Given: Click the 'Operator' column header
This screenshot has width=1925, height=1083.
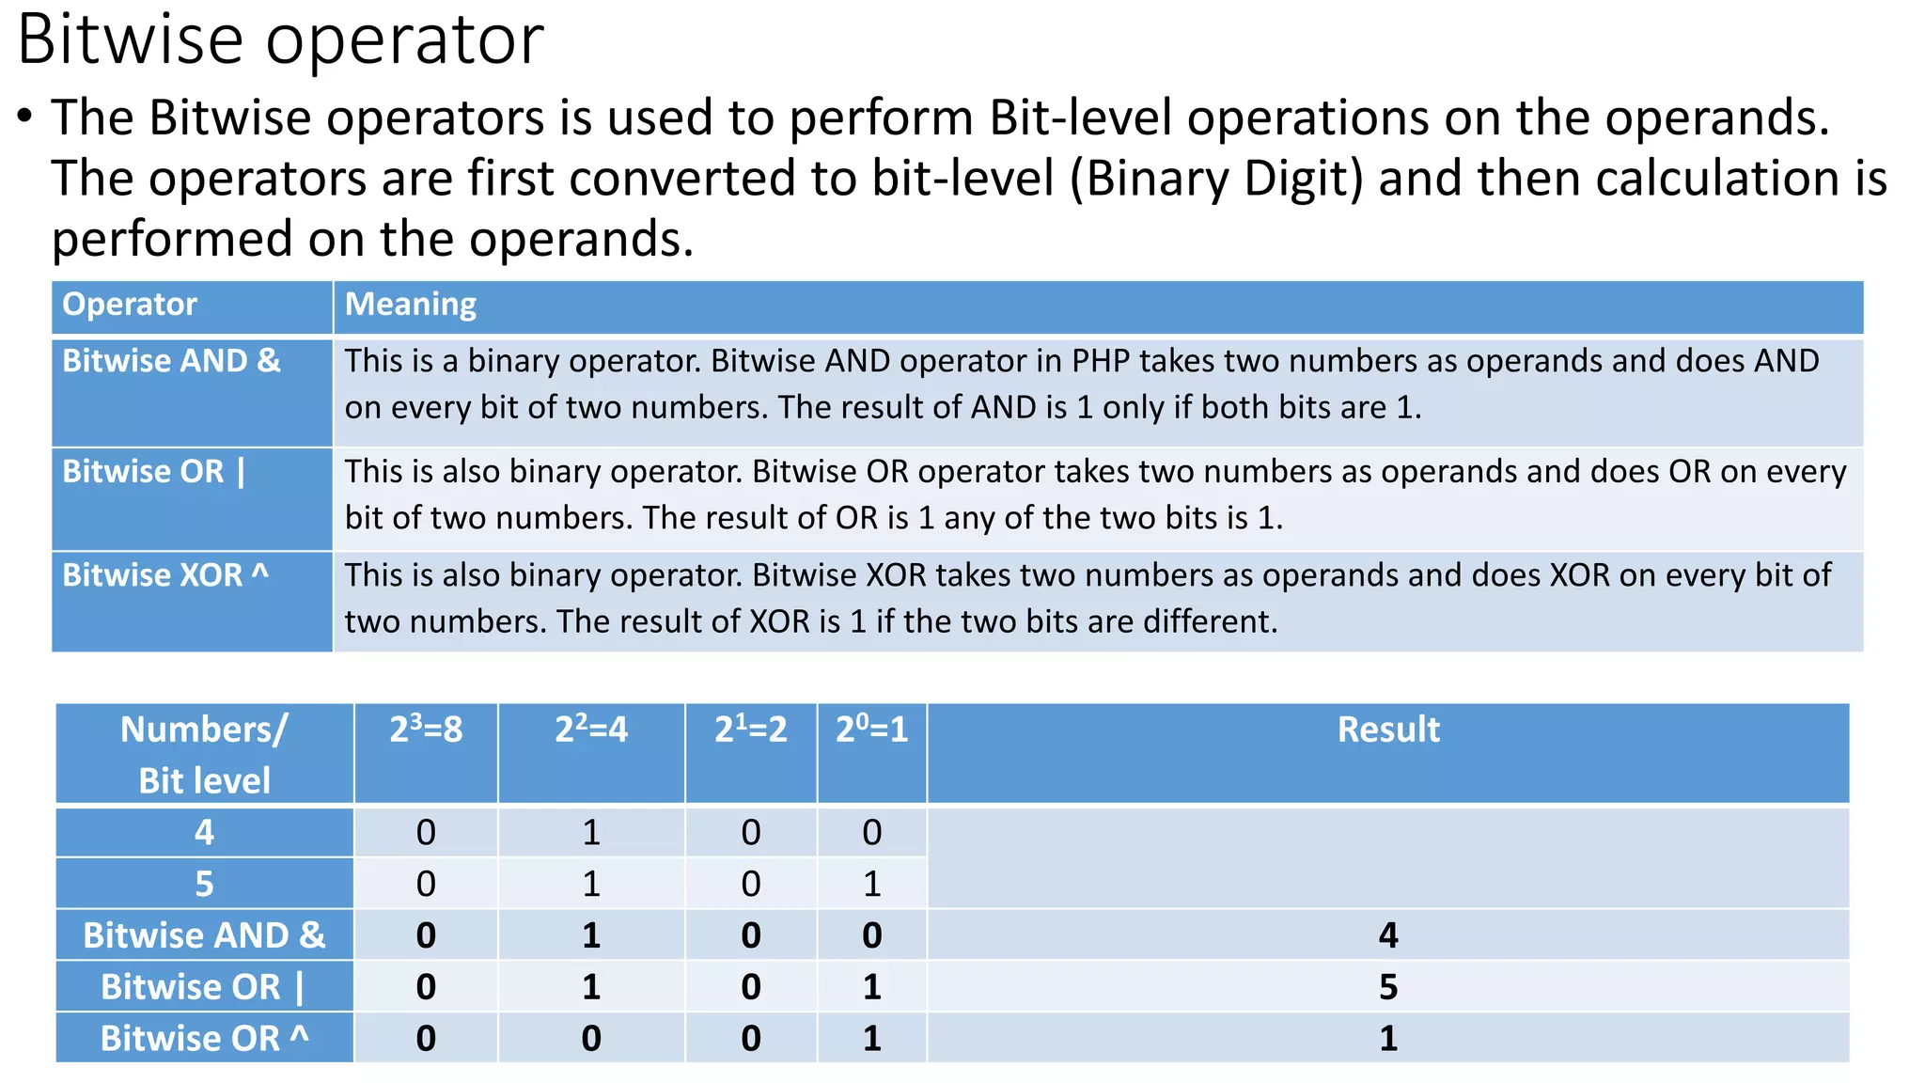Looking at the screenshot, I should tap(130, 305).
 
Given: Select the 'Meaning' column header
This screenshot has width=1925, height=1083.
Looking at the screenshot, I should tap(411, 305).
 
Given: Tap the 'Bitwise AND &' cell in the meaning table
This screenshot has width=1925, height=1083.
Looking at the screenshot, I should tap(171, 361).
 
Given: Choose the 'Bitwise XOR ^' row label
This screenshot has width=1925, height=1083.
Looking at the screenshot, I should tap(165, 575).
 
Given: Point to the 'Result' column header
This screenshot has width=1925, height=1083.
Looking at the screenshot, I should tap(1387, 730).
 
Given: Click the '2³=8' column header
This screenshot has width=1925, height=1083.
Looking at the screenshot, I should tap(426, 730).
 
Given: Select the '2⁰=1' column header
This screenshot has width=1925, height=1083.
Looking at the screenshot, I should tap(871, 730).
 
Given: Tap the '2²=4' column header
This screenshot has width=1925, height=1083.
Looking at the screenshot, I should tap(590, 730).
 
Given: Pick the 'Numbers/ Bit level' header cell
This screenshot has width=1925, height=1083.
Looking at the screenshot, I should tap(204, 754).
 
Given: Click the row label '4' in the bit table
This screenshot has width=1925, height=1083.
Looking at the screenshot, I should tap(204, 833).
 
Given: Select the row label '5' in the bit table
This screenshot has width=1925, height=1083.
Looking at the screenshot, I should tap(204, 884).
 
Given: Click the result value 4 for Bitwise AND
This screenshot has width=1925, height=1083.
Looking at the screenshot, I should tap(1387, 935).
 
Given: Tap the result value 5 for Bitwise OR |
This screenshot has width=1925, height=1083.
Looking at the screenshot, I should tap(1387, 987).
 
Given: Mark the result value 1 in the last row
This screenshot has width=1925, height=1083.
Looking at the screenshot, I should tap(1387, 1039).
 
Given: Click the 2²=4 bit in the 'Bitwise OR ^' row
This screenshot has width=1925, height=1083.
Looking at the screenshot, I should tap(590, 1039).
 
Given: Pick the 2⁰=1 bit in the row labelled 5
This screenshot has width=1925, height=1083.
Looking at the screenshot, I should tap(871, 884).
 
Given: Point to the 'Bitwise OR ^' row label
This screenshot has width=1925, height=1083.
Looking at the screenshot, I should tap(204, 1039).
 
